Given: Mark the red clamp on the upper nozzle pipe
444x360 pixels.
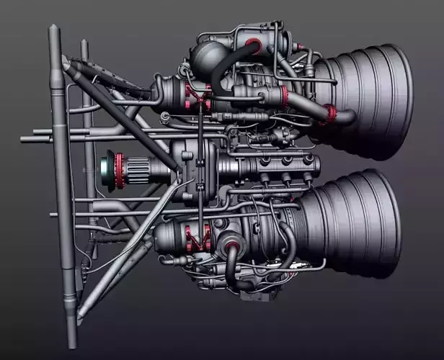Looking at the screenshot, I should [331, 112].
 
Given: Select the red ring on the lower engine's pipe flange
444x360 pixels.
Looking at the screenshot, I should [233, 249].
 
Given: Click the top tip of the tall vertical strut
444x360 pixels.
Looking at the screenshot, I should [53, 29].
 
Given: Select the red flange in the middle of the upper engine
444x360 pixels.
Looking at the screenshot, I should [284, 96].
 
